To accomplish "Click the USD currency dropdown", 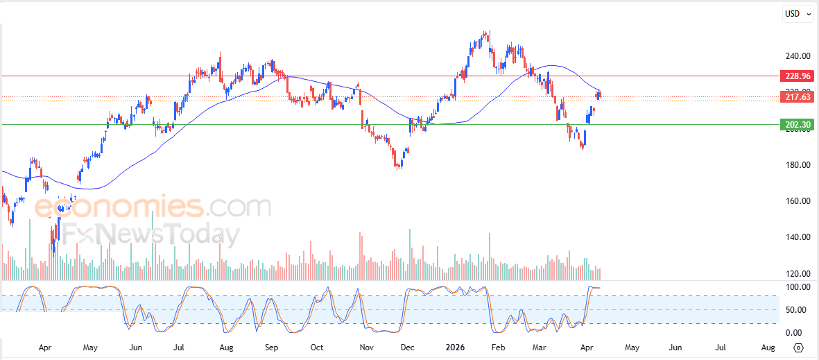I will (798, 13).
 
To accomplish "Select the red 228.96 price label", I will (795, 76).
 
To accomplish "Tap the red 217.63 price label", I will (795, 98).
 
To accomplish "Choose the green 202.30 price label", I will (795, 125).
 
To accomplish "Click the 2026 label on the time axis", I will (455, 347).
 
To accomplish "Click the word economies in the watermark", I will (119, 207).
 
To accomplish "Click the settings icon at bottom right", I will (798, 348).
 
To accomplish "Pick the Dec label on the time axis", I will (407, 347).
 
